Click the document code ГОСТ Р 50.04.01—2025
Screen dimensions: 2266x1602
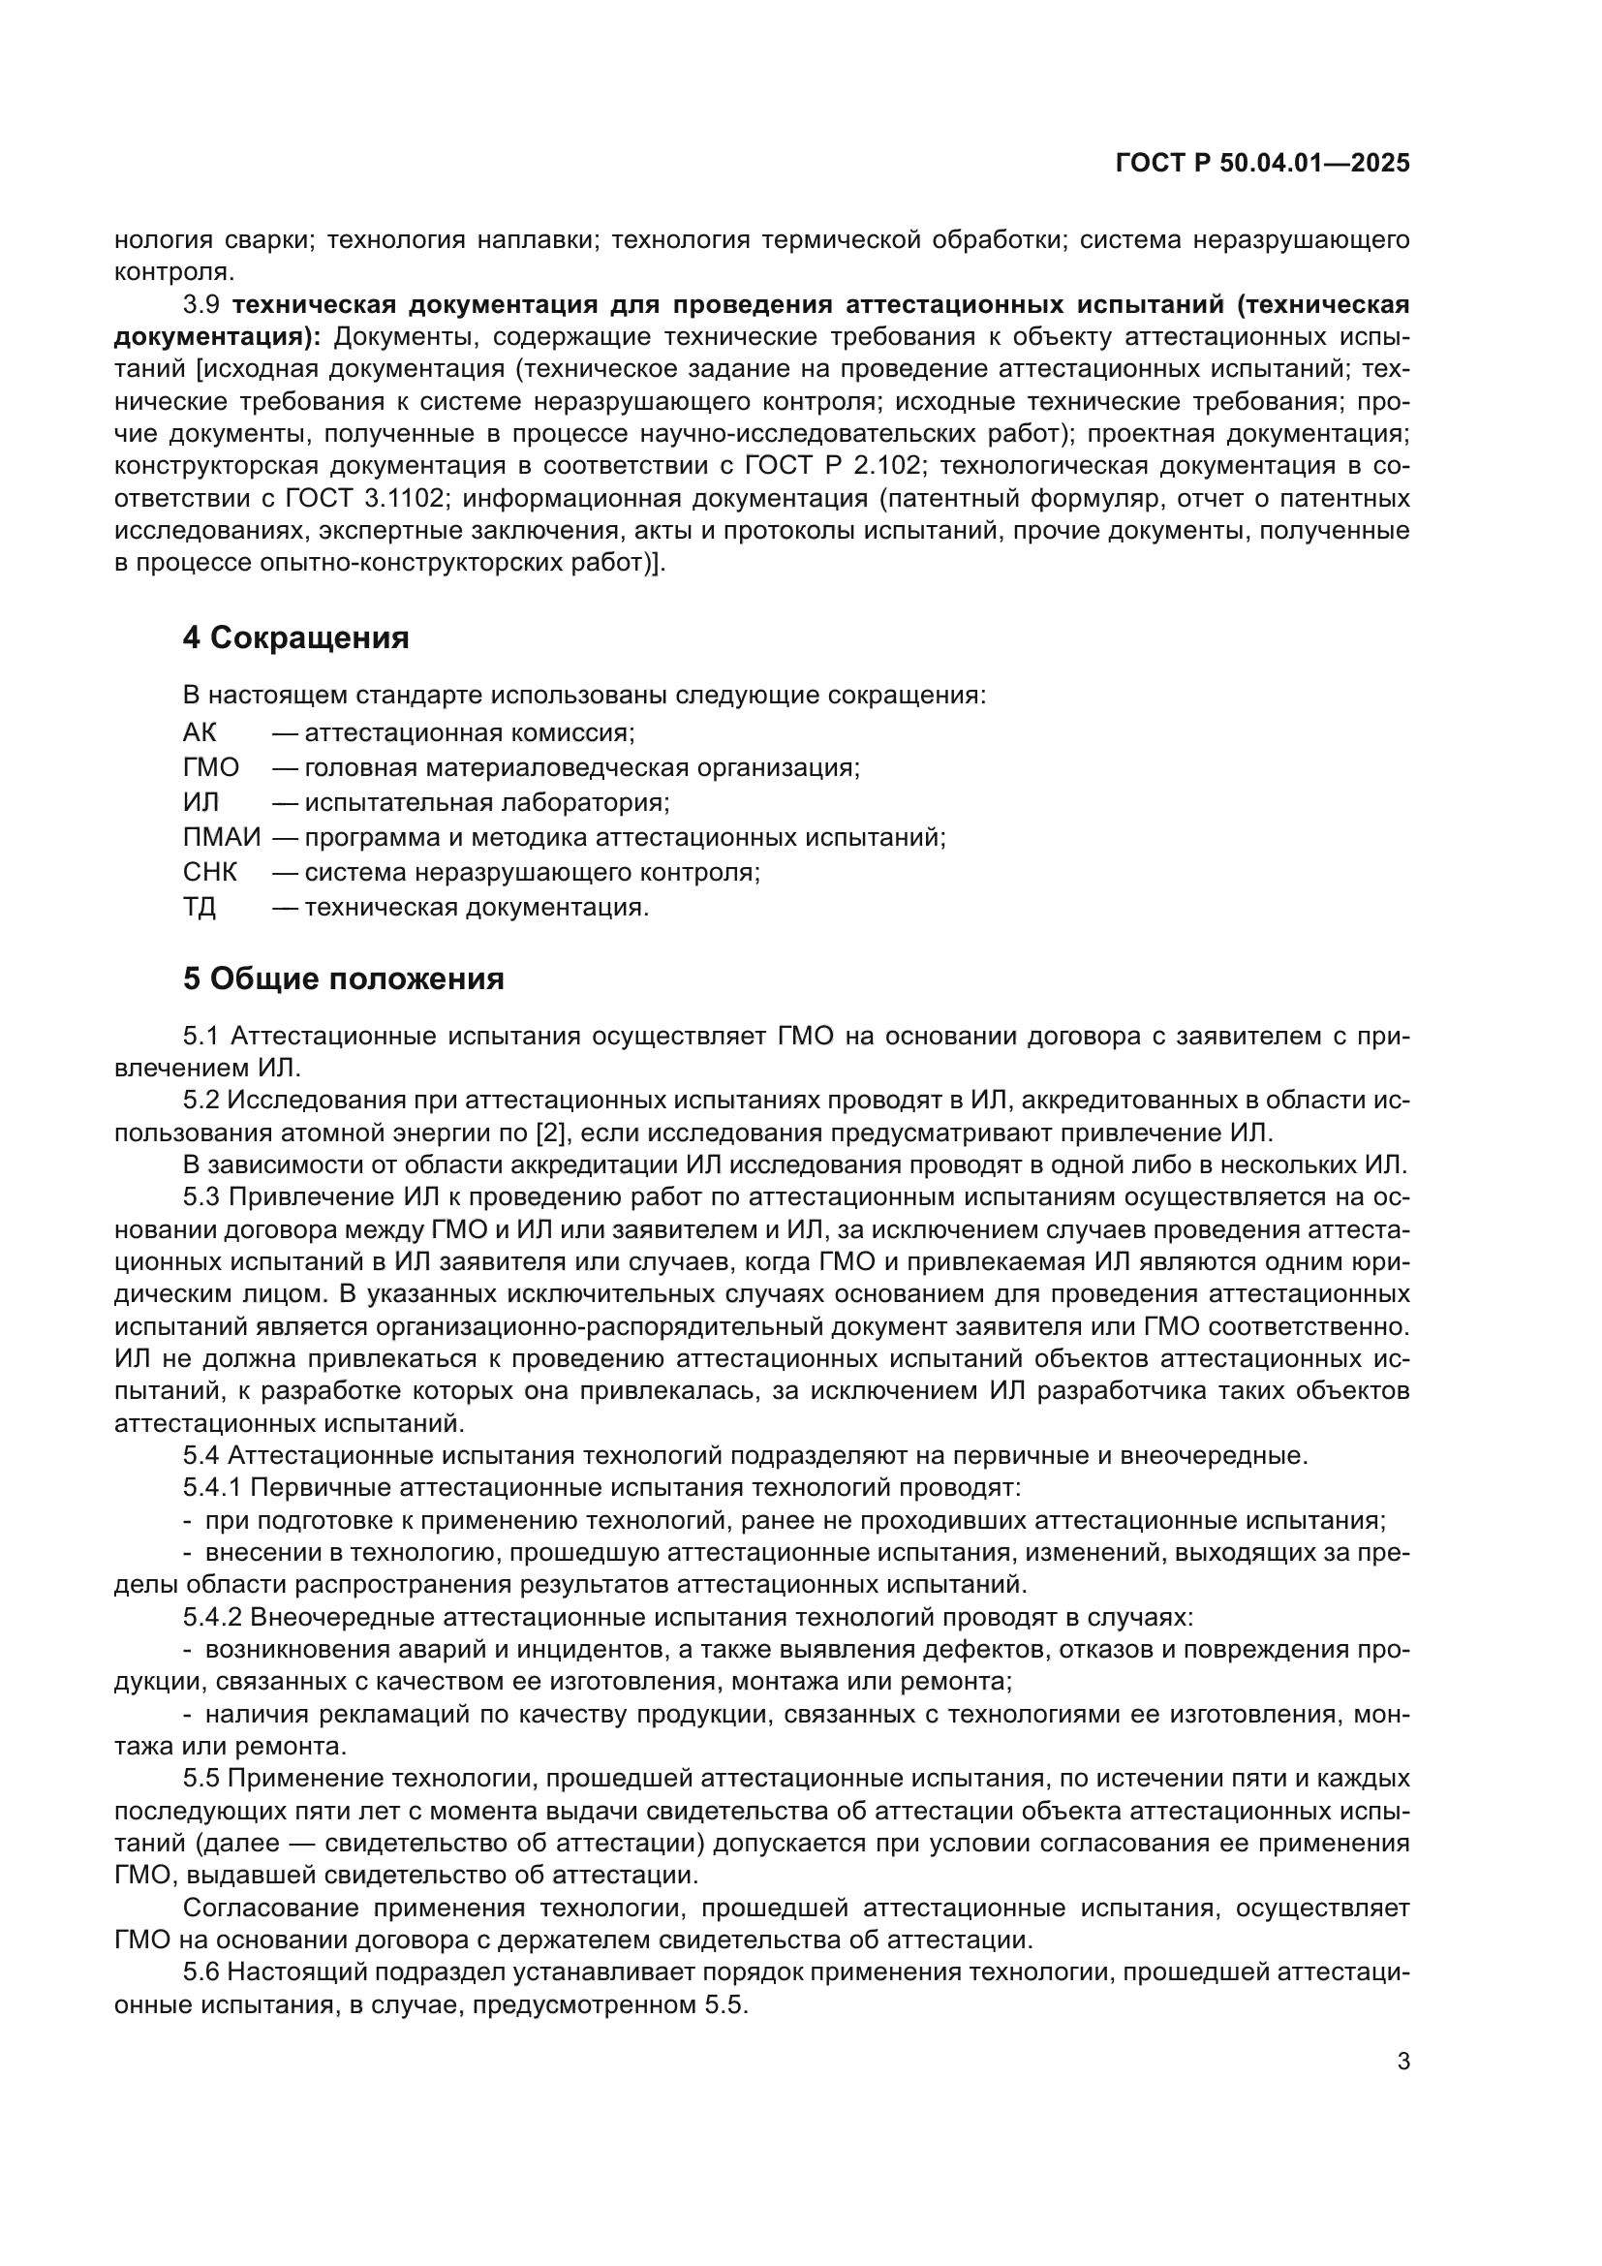[1262, 163]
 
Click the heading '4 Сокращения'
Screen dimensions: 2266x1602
[295, 638]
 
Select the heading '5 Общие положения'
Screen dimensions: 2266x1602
[342, 979]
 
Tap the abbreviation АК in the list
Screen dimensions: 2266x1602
[200, 732]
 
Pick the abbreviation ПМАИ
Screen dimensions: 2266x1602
[222, 837]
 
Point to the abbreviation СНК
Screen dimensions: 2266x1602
[209, 872]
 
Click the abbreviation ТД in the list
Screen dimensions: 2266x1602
[200, 906]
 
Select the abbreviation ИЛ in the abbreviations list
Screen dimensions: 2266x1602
[200, 801]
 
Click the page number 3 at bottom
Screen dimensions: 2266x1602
[1402, 2061]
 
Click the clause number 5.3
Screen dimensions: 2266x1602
[201, 1197]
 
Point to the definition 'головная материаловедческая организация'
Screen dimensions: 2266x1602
[582, 768]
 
